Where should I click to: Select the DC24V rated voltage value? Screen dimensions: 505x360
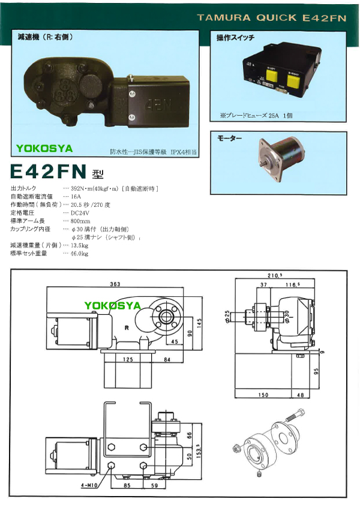(80, 212)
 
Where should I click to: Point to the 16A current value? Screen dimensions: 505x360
(76, 196)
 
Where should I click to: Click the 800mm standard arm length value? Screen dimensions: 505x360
(80, 221)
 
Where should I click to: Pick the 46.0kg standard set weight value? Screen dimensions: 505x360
(79, 254)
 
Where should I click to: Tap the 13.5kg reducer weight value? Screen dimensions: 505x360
(79, 245)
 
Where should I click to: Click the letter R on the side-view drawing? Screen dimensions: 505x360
(127, 328)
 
